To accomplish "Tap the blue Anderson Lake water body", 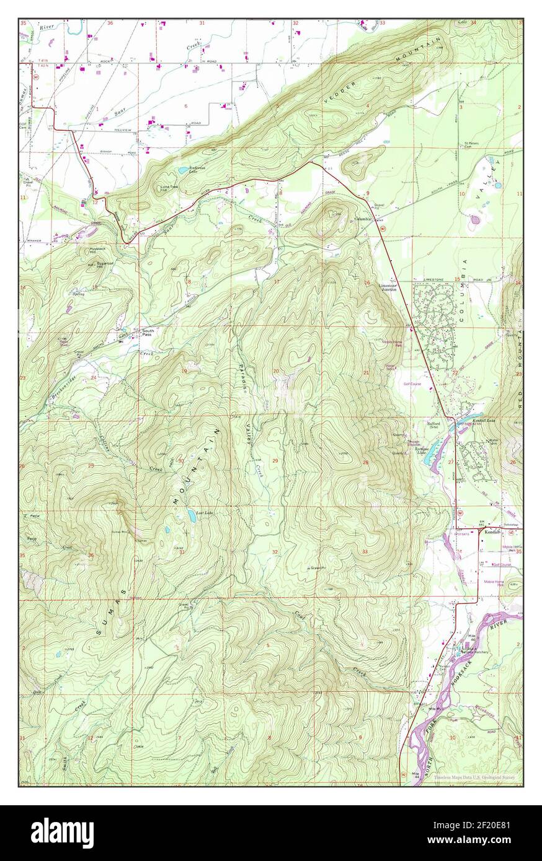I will coord(183,170).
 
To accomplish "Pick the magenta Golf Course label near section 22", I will coord(412,384).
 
